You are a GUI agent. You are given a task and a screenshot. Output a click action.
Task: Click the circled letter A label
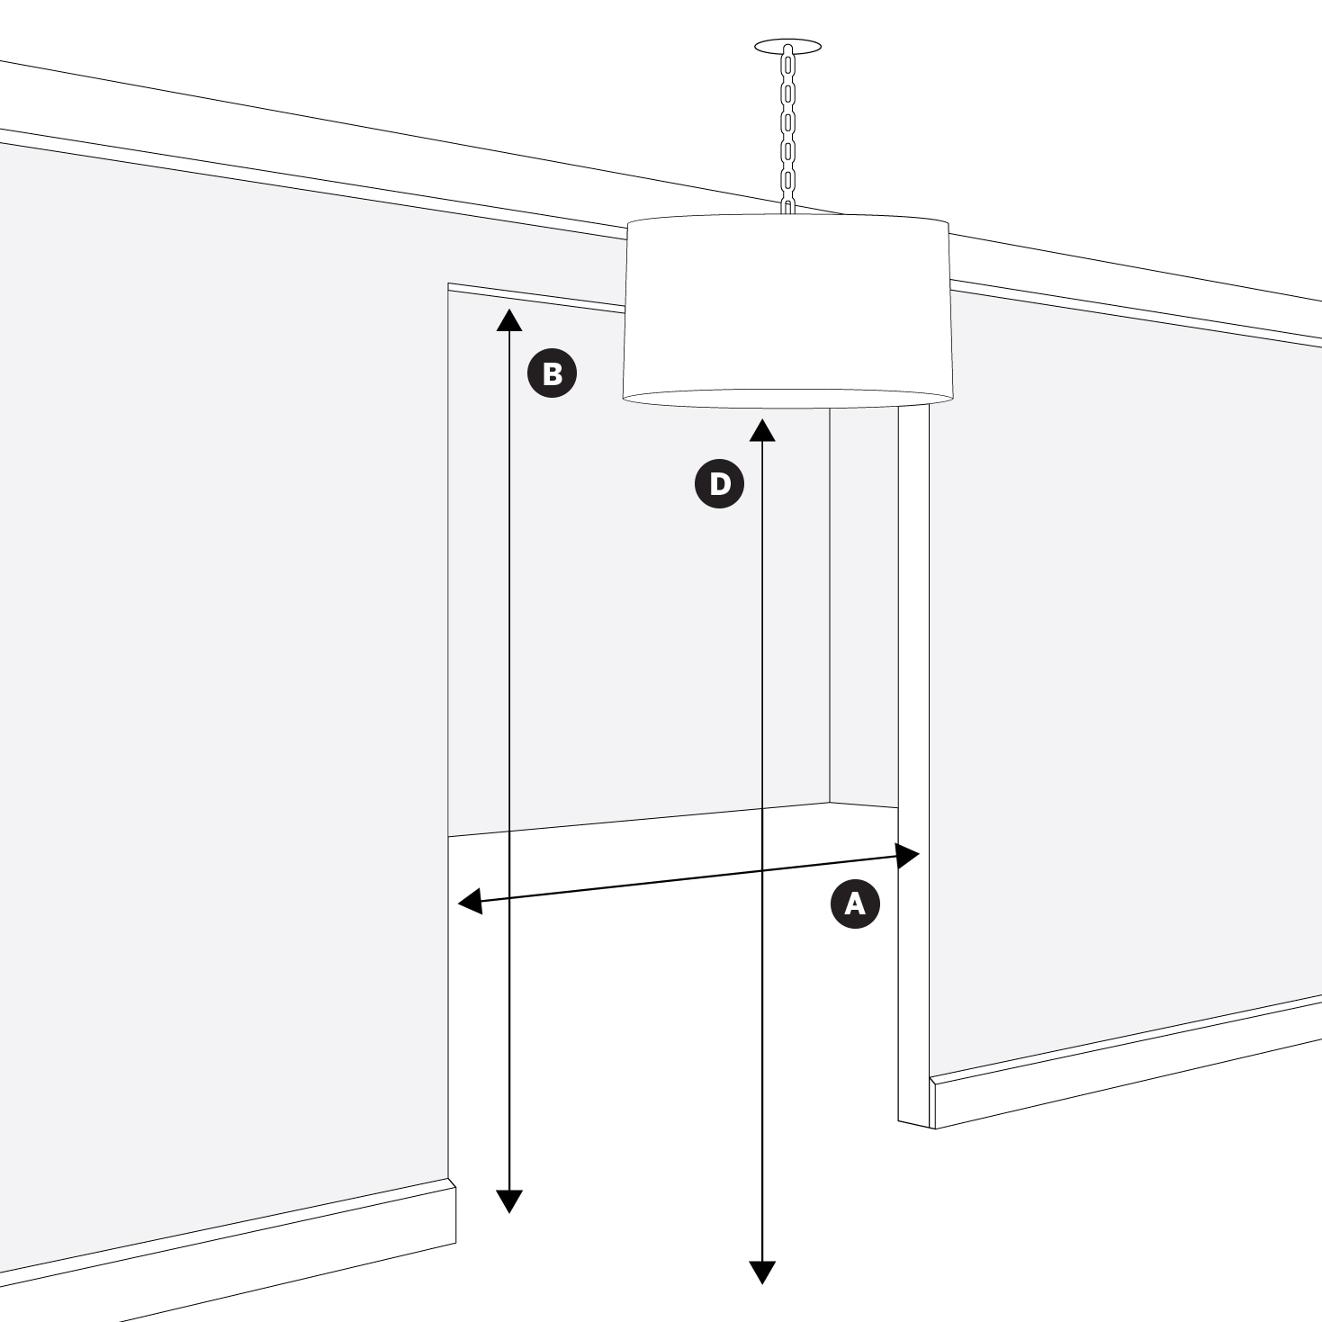pos(855,904)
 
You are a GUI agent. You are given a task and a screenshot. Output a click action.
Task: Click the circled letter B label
pos(552,373)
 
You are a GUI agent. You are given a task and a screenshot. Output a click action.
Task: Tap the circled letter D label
pos(719,483)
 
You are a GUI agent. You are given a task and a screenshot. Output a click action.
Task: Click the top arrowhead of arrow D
pos(762,429)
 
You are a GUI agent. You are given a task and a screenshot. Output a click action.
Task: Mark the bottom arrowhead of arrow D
pos(762,1273)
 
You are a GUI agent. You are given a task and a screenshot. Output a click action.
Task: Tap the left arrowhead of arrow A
pos(470,901)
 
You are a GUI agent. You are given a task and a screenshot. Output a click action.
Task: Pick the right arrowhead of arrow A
pos(908,856)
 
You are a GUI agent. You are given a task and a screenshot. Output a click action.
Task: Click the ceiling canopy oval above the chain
pos(787,47)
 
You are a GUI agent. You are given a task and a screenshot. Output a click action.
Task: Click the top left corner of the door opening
pos(448,283)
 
